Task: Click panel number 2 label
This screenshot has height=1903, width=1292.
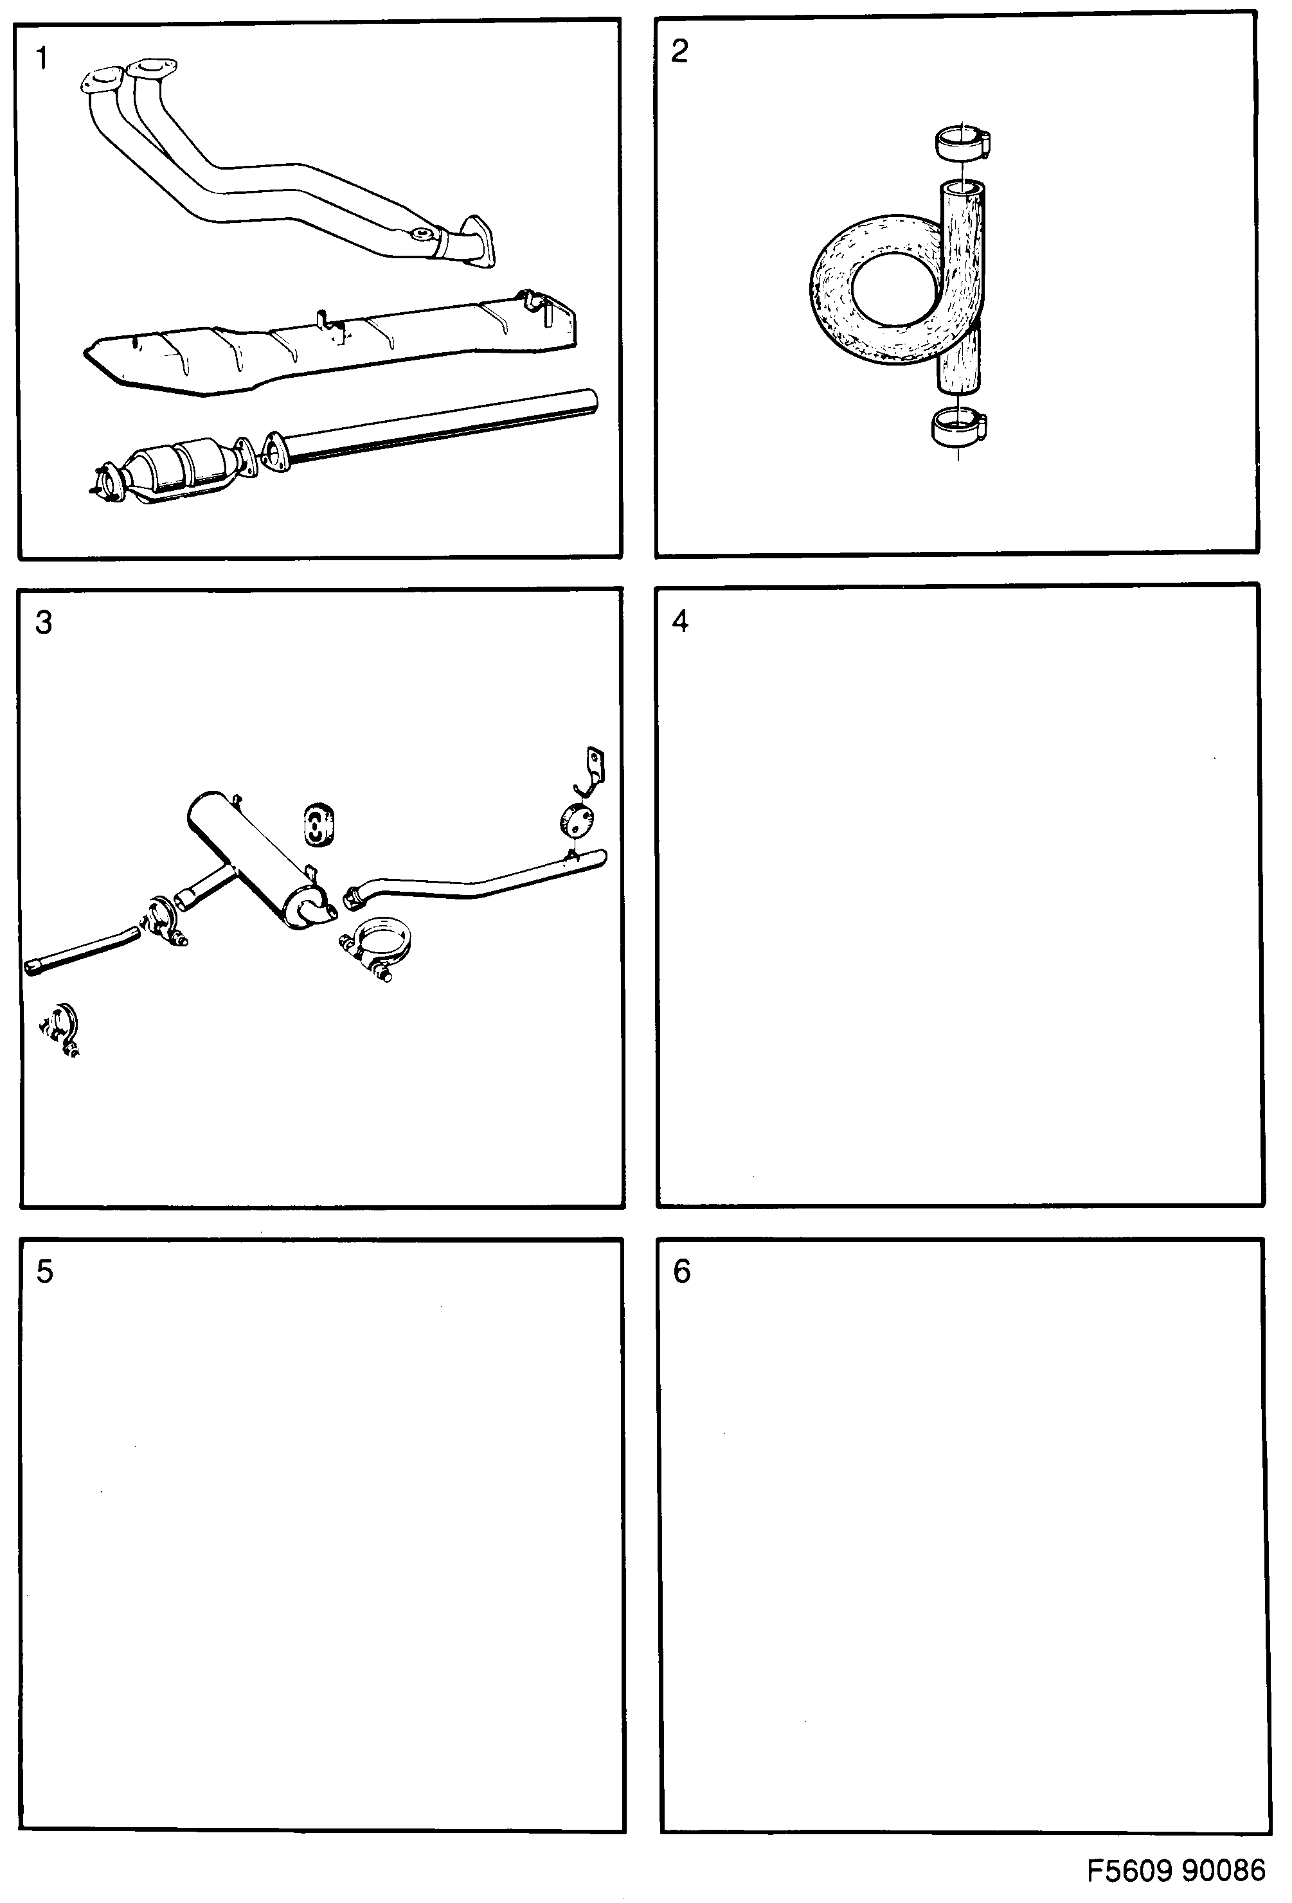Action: point(679,51)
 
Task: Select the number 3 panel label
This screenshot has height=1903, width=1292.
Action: point(44,623)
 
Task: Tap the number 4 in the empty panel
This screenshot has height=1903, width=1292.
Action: point(680,621)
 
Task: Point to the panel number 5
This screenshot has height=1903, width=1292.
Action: point(44,1271)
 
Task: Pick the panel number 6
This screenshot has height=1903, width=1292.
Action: point(681,1271)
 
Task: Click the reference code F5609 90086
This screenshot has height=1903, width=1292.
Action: point(1176,1871)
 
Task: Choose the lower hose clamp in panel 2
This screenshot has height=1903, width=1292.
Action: point(958,427)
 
